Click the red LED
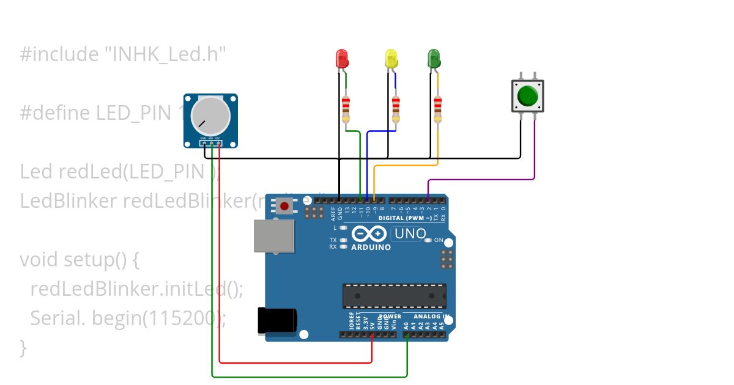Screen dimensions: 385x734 click(x=342, y=59)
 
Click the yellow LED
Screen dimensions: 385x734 click(x=391, y=59)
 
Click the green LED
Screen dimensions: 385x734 click(x=434, y=59)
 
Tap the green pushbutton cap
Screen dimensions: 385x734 click(x=527, y=96)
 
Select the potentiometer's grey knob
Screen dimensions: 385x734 click(x=210, y=116)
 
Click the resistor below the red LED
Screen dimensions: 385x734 click(x=346, y=108)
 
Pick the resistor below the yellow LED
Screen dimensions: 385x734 click(x=396, y=108)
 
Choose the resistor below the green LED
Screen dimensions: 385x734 click(x=437, y=108)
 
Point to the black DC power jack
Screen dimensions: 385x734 click(x=277, y=321)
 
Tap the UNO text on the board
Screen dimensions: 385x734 click(x=410, y=233)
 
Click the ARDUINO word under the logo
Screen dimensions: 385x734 click(x=371, y=248)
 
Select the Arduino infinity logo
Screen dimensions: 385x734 click(x=369, y=233)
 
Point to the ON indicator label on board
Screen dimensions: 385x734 click(x=438, y=240)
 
